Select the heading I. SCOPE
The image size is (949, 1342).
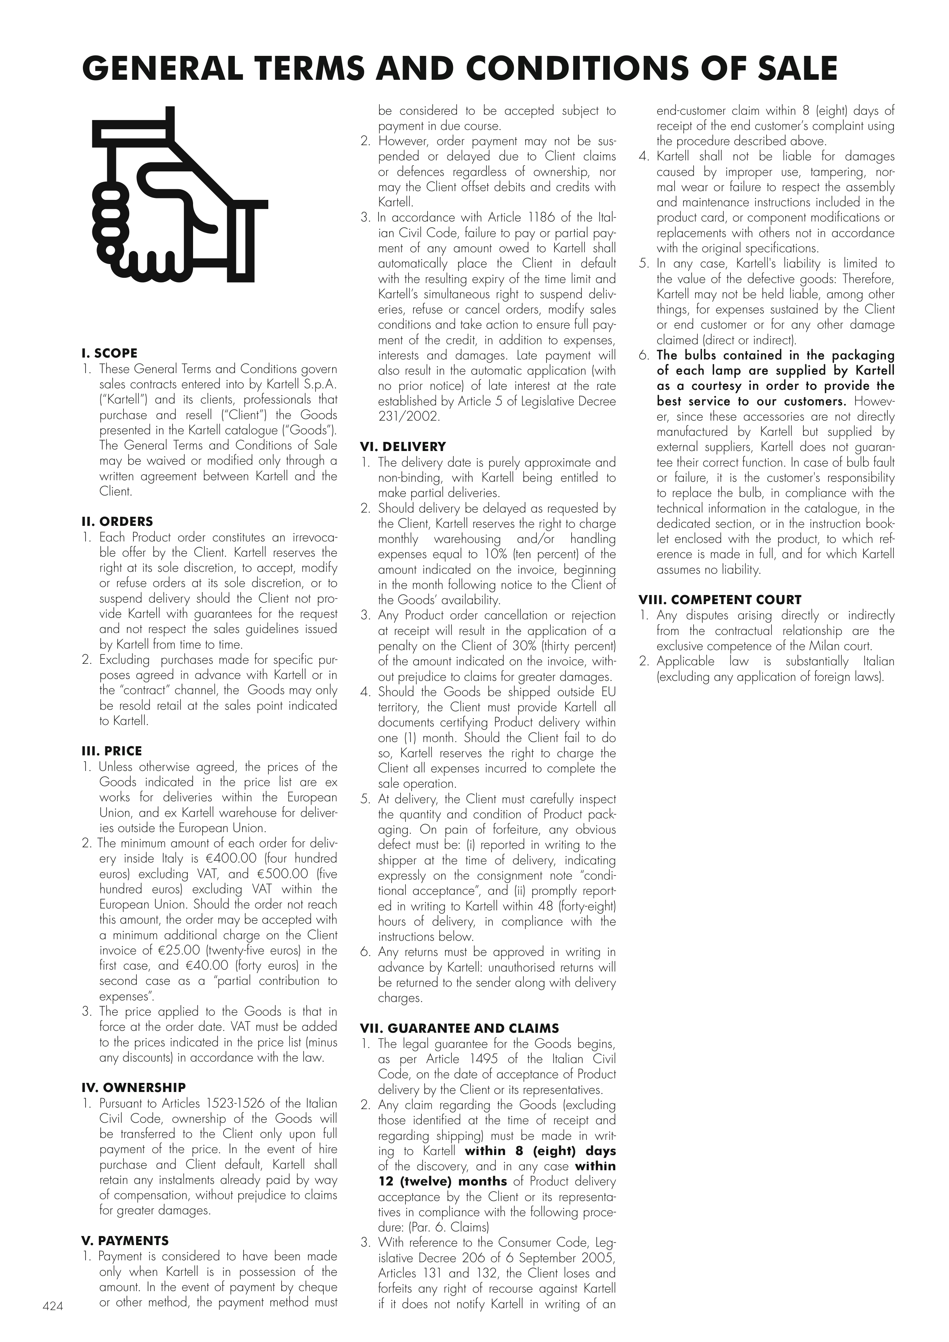tap(109, 353)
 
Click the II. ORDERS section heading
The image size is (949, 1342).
tap(117, 521)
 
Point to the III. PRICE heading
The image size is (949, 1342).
tap(111, 751)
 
